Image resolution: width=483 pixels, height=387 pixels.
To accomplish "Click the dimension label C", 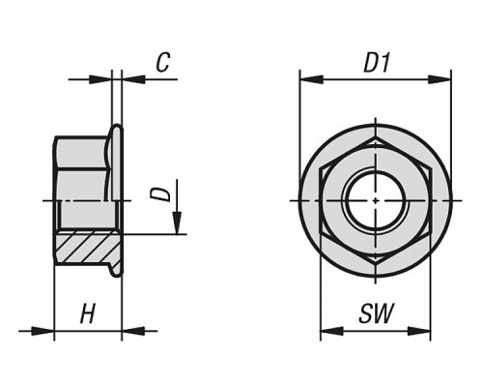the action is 163,62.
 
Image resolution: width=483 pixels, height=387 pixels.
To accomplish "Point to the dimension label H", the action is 88,313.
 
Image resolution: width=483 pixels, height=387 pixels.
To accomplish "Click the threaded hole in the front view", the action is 376,200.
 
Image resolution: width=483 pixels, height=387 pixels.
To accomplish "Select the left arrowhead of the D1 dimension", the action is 311,79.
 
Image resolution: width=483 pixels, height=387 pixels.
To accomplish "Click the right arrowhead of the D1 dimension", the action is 440,79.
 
